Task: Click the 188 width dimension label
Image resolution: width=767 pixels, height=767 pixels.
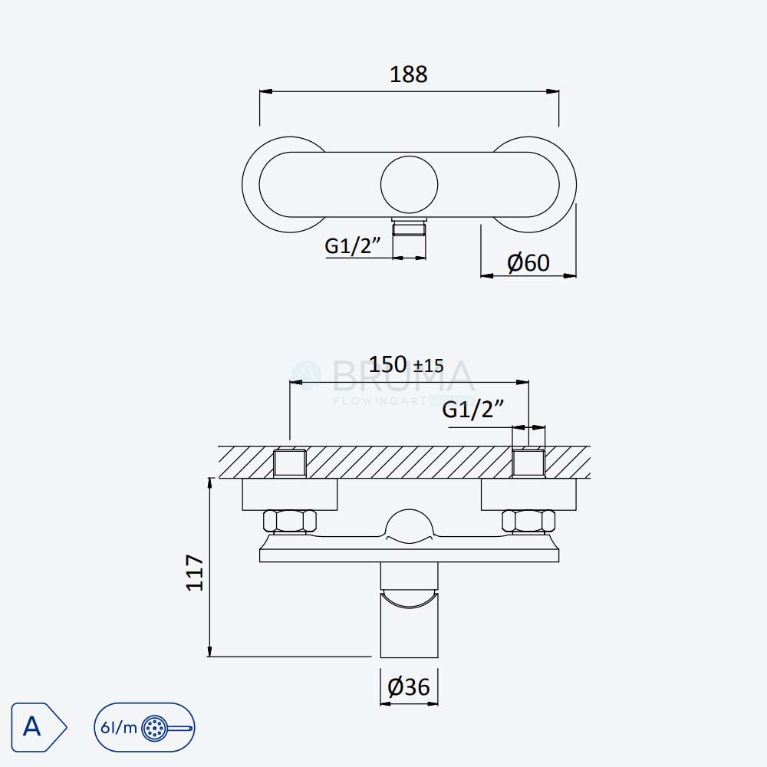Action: coord(409,74)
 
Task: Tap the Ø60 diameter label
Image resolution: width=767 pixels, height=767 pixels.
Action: coord(528,262)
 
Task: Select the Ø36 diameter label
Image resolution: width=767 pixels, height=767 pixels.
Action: coord(409,686)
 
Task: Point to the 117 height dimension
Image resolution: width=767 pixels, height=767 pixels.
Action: coord(195,573)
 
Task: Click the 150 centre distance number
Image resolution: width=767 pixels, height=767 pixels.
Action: coord(387,364)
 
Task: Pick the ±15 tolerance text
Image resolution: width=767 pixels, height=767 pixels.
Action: coord(429,366)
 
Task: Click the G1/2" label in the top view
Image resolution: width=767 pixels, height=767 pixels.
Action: coord(352,245)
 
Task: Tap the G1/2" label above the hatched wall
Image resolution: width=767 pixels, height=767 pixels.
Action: coord(472,409)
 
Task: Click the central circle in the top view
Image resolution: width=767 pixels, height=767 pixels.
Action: coord(410,184)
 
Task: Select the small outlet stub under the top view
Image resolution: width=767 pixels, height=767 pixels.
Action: coord(410,228)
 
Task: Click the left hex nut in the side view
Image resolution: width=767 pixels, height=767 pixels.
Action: coord(290,521)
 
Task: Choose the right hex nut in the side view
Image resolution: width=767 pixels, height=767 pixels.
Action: coord(528,521)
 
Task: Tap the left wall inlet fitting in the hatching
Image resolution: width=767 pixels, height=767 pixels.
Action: coord(290,463)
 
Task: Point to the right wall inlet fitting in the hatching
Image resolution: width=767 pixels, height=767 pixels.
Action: coord(528,463)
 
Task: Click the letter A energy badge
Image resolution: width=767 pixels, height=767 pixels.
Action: coord(38,727)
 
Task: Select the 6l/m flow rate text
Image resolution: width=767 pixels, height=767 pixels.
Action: coord(118,728)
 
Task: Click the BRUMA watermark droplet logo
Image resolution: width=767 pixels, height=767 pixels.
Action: coord(307,376)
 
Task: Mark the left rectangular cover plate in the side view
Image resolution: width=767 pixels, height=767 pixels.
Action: coord(290,495)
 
